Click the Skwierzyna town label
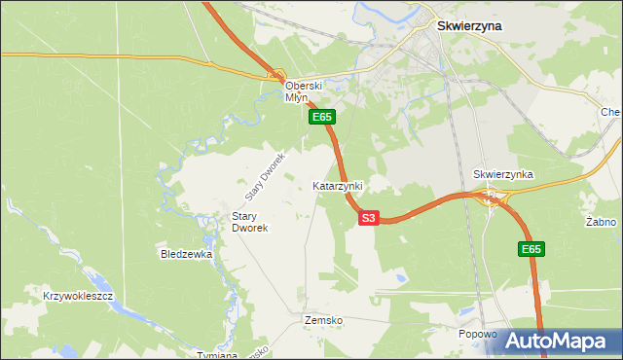coord(469,26)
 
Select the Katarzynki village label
coord(337,185)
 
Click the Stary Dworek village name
coord(249,222)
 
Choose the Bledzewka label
coord(186,254)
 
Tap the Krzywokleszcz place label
coord(80,295)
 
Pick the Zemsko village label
coord(323,320)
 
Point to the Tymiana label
coord(217,354)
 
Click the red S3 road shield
coord(367,219)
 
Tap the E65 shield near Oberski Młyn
coord(322,117)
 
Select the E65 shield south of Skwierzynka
coord(531,250)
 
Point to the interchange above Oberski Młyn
coord(277,75)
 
